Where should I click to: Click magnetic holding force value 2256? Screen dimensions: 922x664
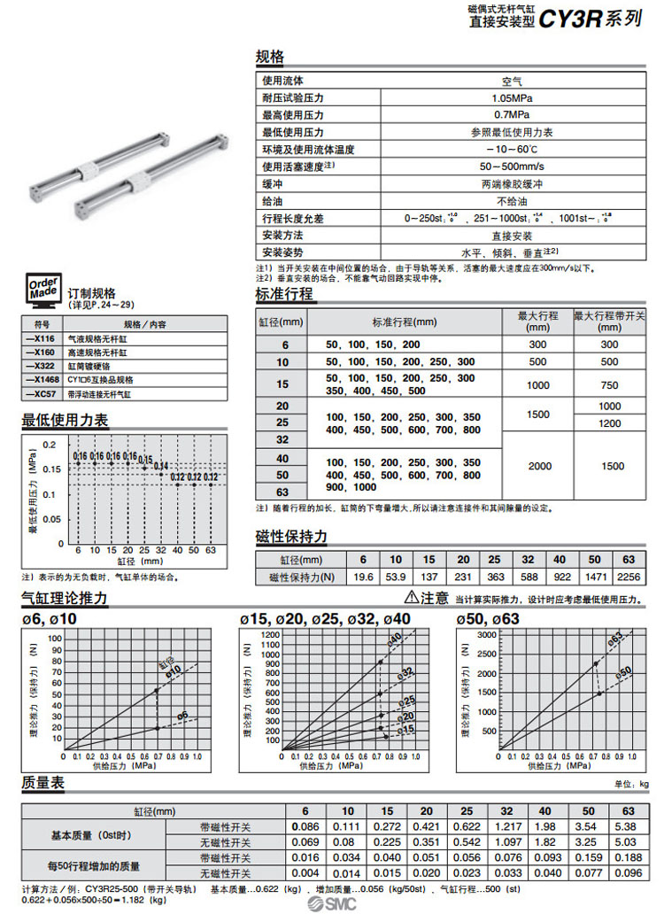(627, 577)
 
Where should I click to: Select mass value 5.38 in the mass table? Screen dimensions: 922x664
(628, 826)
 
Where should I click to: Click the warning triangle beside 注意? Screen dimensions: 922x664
(411, 597)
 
